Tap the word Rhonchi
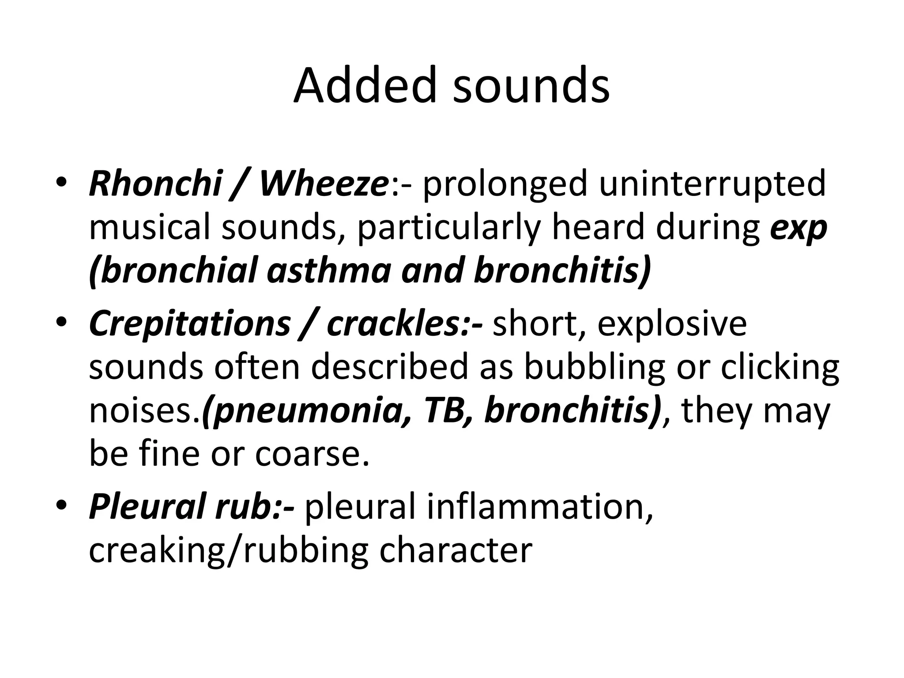click(155, 183)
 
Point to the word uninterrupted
click(712, 184)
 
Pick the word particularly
click(449, 228)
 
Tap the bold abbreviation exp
click(798, 229)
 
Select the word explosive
click(672, 324)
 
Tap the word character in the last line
click(456, 550)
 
